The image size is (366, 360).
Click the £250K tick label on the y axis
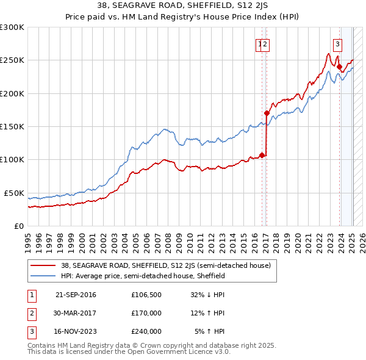pyautogui.click(x=12, y=60)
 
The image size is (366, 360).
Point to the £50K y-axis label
pyautogui.click(x=14, y=193)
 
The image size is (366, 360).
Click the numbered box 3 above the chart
pyautogui.click(x=337, y=43)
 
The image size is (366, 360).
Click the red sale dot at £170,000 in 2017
pyautogui.click(x=267, y=113)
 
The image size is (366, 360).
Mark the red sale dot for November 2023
pyautogui.click(x=339, y=67)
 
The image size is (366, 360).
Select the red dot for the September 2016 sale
pyautogui.click(x=262, y=155)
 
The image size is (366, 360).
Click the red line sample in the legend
pyautogui.click(x=43, y=265)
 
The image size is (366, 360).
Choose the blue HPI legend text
pyautogui.click(x=143, y=276)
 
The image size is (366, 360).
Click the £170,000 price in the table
pyautogui.click(x=146, y=313)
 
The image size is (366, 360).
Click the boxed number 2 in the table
pyautogui.click(x=32, y=313)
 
